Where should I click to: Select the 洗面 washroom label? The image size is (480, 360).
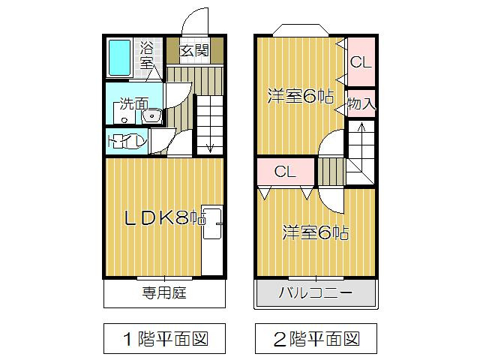pyautogui.click(x=134, y=104)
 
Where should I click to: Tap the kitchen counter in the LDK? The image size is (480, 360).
pyautogui.click(x=213, y=240)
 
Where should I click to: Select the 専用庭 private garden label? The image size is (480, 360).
pyautogui.click(x=163, y=292)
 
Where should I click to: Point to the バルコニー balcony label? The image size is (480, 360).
pyautogui.click(x=315, y=292)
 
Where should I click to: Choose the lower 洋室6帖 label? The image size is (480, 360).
pyautogui.click(x=315, y=232)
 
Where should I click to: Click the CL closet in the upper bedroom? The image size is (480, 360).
pyautogui.click(x=361, y=62)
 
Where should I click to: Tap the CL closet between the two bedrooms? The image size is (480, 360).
pyautogui.click(x=284, y=172)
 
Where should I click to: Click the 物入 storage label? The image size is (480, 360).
pyautogui.click(x=361, y=103)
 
